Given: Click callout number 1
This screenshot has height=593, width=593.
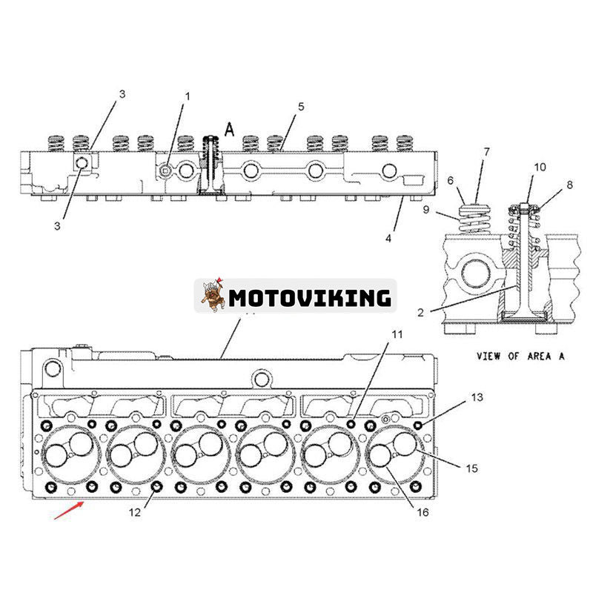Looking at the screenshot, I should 187,96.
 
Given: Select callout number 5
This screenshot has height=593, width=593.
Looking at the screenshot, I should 301,107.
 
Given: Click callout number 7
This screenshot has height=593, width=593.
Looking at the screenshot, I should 486,152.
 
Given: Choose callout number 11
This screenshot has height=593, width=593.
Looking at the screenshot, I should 397,335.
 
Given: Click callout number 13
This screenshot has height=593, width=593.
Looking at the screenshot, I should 477,398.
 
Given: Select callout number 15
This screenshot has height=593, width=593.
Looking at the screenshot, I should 471,468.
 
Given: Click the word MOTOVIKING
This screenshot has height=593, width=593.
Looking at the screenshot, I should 309,298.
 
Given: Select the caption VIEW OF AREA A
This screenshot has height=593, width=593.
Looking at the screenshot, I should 520,356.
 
